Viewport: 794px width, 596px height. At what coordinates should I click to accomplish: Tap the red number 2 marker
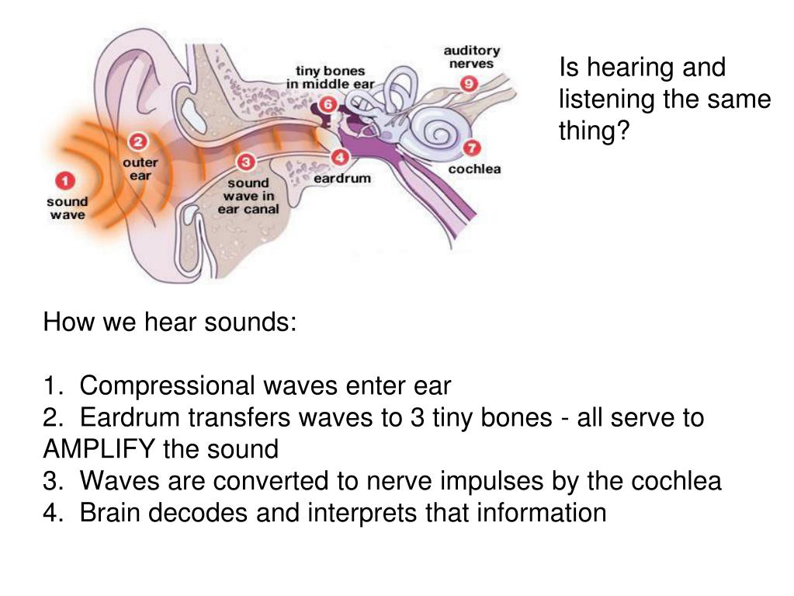pyautogui.click(x=137, y=141)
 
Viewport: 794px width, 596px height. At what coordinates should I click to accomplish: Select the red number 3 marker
pyautogui.click(x=246, y=162)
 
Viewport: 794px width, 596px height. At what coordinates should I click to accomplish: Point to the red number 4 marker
pyautogui.click(x=340, y=158)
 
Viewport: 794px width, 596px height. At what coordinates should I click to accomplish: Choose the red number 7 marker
pyautogui.click(x=471, y=148)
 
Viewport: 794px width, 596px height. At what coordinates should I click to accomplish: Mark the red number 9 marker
pyautogui.click(x=469, y=83)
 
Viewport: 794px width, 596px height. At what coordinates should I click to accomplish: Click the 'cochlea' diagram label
pyautogui.click(x=474, y=169)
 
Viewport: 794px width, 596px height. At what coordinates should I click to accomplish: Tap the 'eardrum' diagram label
pyautogui.click(x=342, y=178)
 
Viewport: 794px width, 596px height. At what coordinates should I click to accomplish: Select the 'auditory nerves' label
pyautogui.click(x=472, y=57)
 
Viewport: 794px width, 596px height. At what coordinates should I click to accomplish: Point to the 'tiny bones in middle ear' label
pyautogui.click(x=326, y=77)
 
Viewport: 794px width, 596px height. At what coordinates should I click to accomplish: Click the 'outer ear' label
pyautogui.click(x=140, y=169)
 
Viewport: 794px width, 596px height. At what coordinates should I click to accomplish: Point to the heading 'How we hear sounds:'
pyautogui.click(x=170, y=322)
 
